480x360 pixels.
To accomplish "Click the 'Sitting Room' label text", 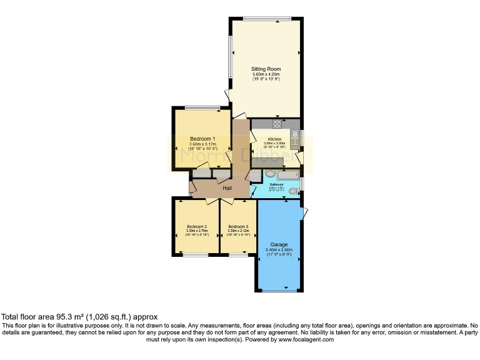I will coord(266,69).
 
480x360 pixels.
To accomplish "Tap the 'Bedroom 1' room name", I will coord(202,139).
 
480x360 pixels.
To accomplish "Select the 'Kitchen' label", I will coord(275,139).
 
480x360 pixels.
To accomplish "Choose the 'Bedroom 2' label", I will coord(197,226).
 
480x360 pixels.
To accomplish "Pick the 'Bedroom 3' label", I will coord(238,226).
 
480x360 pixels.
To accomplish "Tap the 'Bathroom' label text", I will coord(277,185).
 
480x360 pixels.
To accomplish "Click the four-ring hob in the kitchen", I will coord(277,124).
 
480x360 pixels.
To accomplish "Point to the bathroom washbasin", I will coord(270,174).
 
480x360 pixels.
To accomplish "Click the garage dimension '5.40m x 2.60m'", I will coord(279,250).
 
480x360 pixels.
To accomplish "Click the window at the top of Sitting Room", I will coord(267,18).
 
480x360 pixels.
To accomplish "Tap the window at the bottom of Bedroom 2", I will coord(196,255).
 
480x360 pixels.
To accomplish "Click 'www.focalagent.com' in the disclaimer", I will coord(306,340).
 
